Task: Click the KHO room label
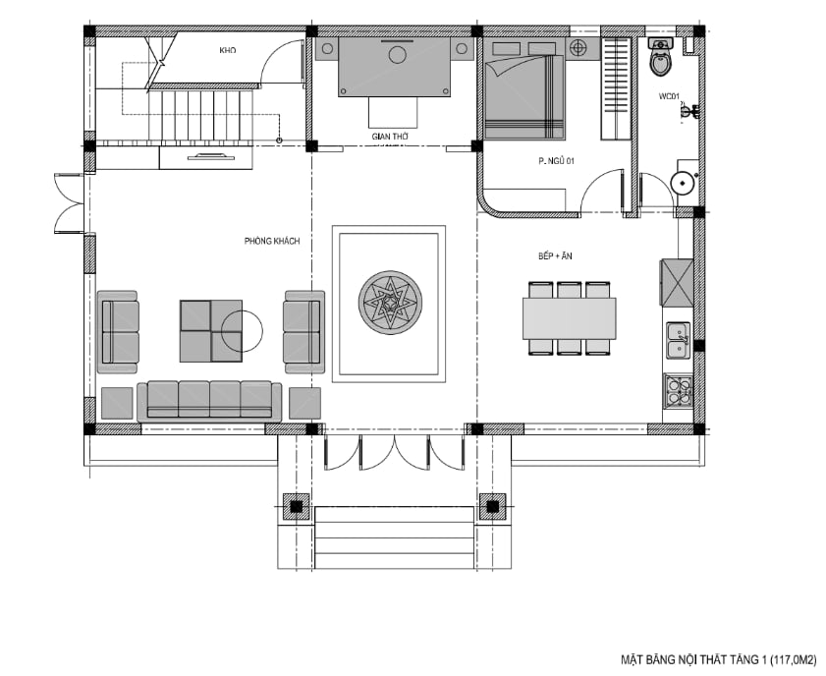point(228,50)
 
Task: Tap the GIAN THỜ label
point(390,137)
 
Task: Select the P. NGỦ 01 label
point(556,161)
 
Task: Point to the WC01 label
point(669,96)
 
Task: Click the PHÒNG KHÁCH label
point(272,241)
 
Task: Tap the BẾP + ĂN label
point(555,256)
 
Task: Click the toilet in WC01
point(661,56)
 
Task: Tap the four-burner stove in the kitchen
point(679,391)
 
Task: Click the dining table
point(569,318)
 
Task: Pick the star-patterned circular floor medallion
point(390,303)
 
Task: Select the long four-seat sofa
point(209,402)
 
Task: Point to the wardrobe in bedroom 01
point(616,88)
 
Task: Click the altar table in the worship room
point(395,67)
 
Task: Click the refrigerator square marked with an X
point(677,283)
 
